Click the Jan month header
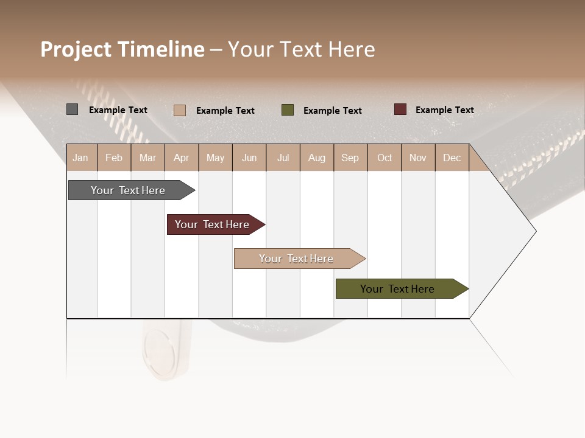[x=81, y=158]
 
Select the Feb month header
[x=114, y=158]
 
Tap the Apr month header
[x=182, y=158]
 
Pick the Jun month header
[x=249, y=158]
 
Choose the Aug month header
[x=317, y=158]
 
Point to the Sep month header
[x=350, y=158]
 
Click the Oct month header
[x=385, y=158]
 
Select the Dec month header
[x=452, y=158]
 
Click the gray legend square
[x=73, y=109]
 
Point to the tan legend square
[x=180, y=110]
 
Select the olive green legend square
[x=288, y=110]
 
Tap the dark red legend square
[x=400, y=109]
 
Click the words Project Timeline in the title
[x=122, y=49]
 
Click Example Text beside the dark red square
[x=444, y=110]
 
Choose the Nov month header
[x=418, y=158]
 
